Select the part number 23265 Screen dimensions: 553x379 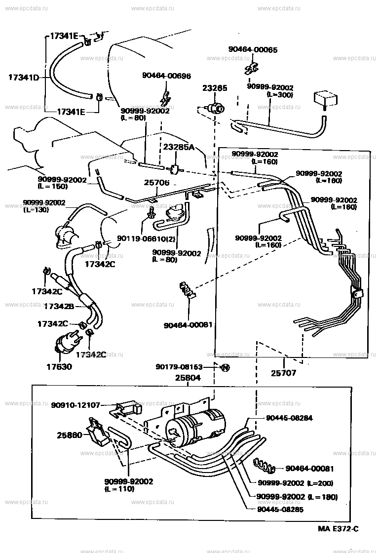coord(215,88)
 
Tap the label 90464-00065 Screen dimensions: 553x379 coord(253,50)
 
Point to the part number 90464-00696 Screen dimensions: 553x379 coord(166,76)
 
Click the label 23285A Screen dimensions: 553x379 coord(179,147)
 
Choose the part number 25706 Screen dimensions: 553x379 coord(156,183)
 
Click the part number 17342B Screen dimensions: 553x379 coord(59,307)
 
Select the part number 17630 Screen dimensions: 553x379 coord(59,367)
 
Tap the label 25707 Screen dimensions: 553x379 coord(284,373)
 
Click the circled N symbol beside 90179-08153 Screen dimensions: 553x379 coord(224,367)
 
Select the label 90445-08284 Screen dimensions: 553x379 coord(289,418)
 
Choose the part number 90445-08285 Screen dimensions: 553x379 coord(280,510)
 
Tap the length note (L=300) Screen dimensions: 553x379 coord(279,95)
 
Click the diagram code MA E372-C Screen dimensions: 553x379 coord(338,529)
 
